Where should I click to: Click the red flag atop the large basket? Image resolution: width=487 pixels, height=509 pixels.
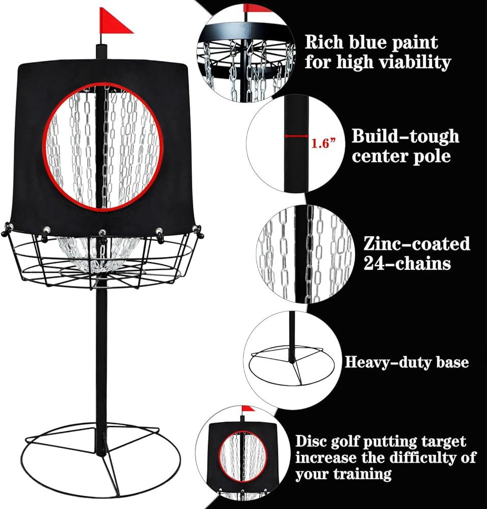113,21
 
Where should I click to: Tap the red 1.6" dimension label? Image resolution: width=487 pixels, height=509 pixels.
323,143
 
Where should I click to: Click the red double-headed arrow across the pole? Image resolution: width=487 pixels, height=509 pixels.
296,136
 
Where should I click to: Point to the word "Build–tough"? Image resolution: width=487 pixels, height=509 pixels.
406,136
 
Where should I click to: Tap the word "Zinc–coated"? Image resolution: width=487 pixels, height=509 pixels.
417,243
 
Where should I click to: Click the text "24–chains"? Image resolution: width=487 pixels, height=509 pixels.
407,263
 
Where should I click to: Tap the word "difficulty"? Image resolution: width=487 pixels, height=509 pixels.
421,458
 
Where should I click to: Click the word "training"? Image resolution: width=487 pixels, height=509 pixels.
363,474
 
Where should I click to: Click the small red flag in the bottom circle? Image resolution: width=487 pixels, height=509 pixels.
248,408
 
